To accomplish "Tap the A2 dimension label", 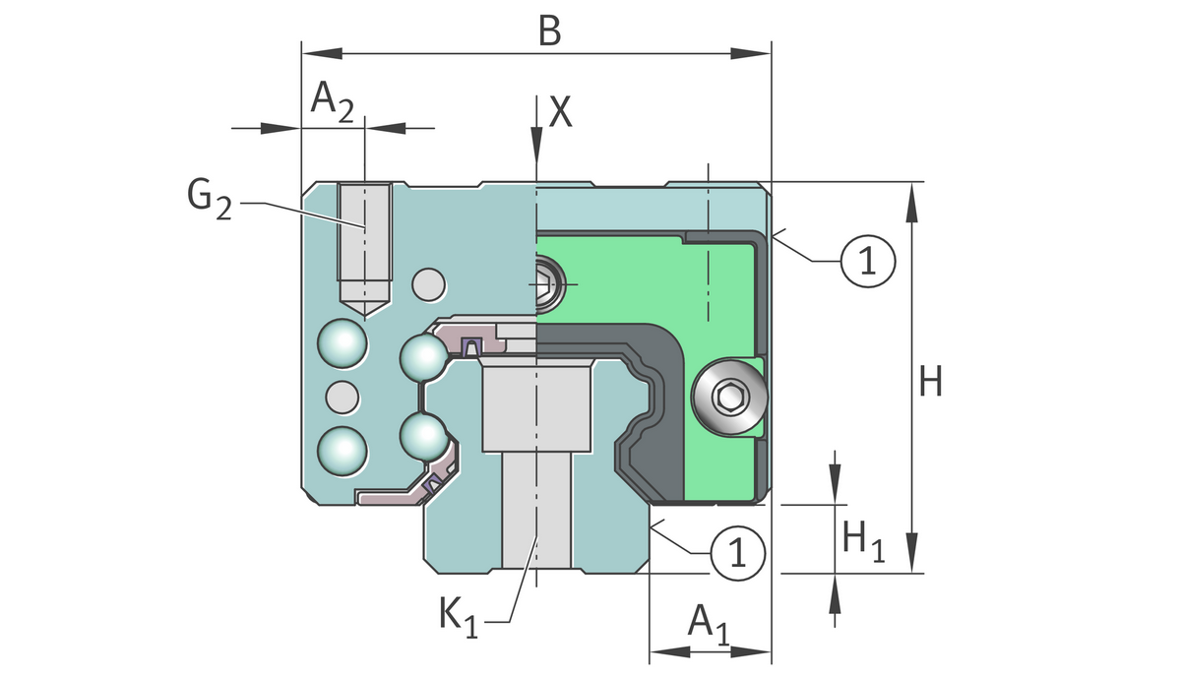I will tap(332, 100).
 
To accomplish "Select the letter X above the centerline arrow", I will tap(560, 113).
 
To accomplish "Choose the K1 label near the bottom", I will tap(458, 617).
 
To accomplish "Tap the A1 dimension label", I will tap(708, 623).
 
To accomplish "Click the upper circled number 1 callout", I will tap(867, 261).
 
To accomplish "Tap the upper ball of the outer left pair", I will tap(342, 345).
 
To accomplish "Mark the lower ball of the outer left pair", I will tap(342, 450).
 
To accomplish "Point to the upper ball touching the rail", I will tap(424, 356).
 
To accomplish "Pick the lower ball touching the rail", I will tap(424, 435).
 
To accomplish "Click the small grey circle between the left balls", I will tap(342, 398).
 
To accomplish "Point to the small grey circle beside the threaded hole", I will tap(428, 284).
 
